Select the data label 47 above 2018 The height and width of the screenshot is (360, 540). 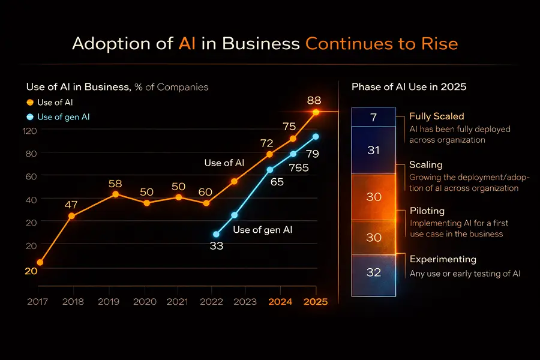[x=71, y=205]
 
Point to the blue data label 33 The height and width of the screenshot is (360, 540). [x=216, y=245]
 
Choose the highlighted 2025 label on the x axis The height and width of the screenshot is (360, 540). [x=316, y=302]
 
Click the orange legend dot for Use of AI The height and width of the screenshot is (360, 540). [x=30, y=103]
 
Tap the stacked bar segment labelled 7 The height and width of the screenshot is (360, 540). [x=373, y=118]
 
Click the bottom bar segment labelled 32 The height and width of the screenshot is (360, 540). [x=373, y=272]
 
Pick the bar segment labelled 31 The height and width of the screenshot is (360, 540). [x=373, y=150]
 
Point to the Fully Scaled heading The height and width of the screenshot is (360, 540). [x=436, y=116]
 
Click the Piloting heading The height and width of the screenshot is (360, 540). [x=427, y=211]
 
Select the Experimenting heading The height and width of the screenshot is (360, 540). [x=442, y=259]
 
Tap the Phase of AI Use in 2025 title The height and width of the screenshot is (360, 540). [x=409, y=87]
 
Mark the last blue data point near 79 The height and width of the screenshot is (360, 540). [x=316, y=137]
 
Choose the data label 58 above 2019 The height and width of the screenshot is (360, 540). [x=116, y=183]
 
